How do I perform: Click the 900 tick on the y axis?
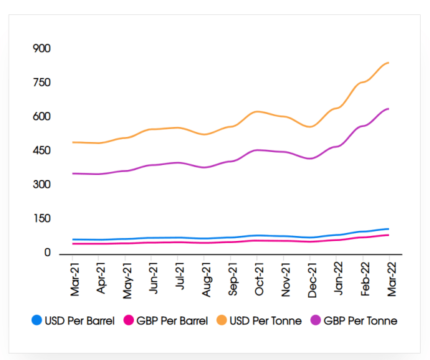42,49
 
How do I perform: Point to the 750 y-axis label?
42,82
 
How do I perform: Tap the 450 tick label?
42,151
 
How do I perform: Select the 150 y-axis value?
42,219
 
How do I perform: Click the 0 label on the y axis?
47,252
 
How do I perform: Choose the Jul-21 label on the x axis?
180,276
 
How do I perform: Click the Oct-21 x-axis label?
258,276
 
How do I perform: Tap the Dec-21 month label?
310,276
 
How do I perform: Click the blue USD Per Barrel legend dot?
37,321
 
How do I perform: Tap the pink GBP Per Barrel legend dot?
130,321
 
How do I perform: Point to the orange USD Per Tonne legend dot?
222,321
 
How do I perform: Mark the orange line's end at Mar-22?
388,62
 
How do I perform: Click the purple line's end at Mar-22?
388,108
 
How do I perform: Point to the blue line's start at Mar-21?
72,240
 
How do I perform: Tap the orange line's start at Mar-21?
72,142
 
